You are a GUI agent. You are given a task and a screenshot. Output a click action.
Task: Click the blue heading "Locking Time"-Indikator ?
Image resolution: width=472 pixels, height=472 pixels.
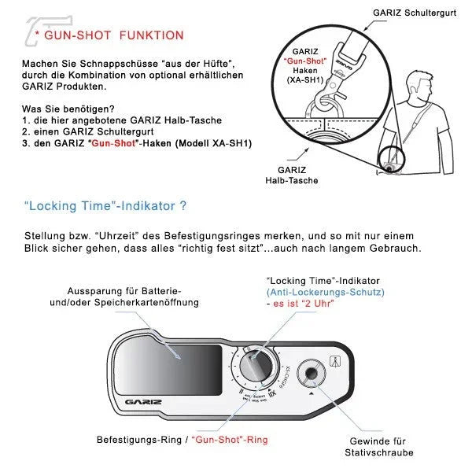pos(105,207)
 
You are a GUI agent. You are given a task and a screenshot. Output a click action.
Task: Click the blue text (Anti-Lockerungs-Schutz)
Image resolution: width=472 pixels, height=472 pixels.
pos(324,292)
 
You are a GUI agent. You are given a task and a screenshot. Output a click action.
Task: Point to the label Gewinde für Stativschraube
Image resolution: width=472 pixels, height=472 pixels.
pos(377,447)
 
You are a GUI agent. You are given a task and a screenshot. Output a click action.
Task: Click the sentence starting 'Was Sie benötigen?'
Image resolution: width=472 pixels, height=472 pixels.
pos(76,109)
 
